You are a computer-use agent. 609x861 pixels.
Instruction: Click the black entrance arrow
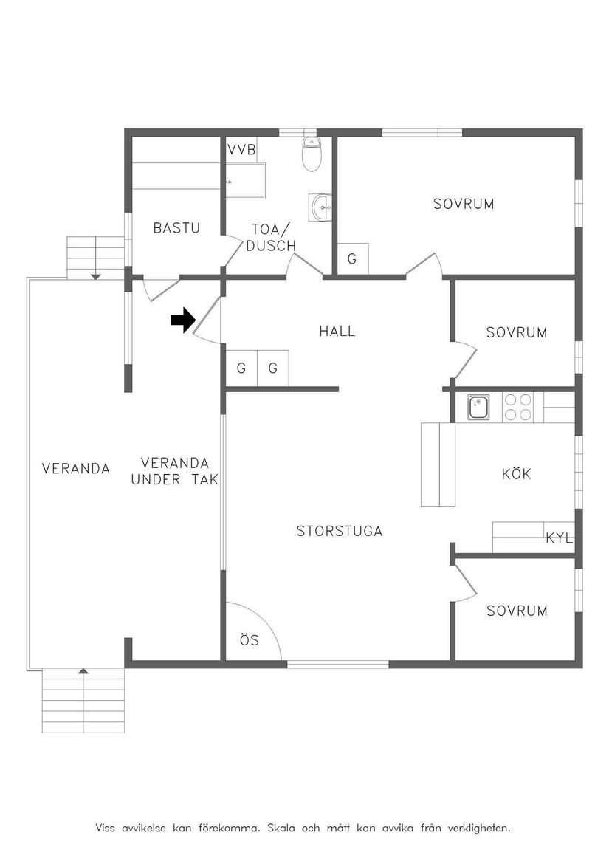[x=182, y=320]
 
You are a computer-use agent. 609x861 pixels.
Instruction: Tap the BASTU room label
[x=176, y=228]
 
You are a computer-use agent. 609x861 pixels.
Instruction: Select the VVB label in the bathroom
[x=241, y=150]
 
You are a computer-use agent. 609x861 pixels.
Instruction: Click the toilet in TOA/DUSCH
[x=312, y=154]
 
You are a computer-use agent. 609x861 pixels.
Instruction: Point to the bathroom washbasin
[x=322, y=207]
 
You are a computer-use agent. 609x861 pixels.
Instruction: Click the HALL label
[x=337, y=332]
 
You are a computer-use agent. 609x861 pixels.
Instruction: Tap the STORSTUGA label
[x=339, y=531]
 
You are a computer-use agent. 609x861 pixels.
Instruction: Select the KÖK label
[x=516, y=474]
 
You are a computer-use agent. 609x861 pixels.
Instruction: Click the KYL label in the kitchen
[x=559, y=538]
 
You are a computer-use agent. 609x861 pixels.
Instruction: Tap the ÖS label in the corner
[x=250, y=640]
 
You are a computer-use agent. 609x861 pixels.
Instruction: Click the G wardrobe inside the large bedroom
[x=352, y=259]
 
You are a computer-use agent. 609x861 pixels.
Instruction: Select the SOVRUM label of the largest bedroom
[x=464, y=204]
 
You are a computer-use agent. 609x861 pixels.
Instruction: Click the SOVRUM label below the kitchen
[x=517, y=611]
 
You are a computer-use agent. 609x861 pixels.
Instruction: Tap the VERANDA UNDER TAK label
[x=175, y=471]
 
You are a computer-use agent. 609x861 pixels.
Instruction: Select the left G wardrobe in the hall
[x=241, y=368]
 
